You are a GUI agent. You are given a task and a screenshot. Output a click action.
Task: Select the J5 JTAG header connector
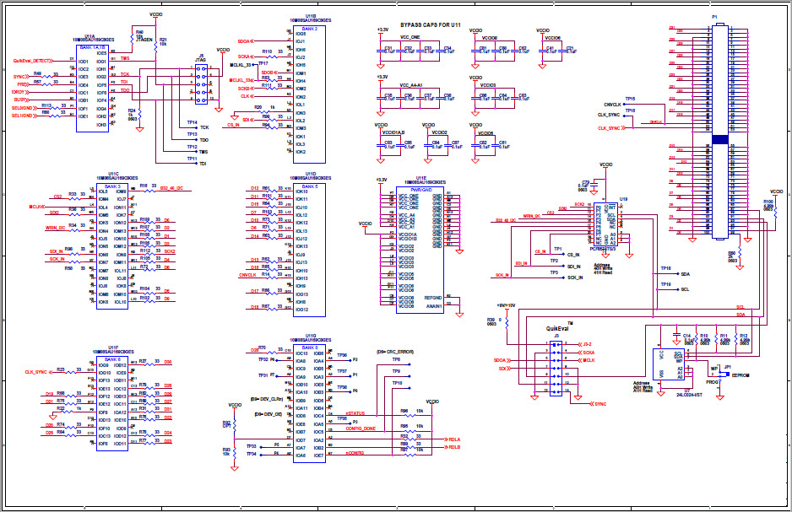[200, 85]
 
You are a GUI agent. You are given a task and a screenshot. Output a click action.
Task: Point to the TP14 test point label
[193, 122]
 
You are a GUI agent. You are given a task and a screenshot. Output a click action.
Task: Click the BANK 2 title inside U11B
[310, 28]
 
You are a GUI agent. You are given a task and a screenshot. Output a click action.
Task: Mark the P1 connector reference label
[714, 16]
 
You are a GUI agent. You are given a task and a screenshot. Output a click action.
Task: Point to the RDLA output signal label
[454, 439]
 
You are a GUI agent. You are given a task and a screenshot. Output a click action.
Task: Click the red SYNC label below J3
[601, 404]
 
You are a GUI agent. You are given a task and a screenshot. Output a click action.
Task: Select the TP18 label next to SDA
[665, 268]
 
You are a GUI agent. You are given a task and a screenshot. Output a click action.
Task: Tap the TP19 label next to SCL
[665, 284]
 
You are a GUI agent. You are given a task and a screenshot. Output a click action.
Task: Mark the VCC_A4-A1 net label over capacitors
[410, 84]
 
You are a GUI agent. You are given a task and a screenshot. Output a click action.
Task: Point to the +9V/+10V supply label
[506, 305]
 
